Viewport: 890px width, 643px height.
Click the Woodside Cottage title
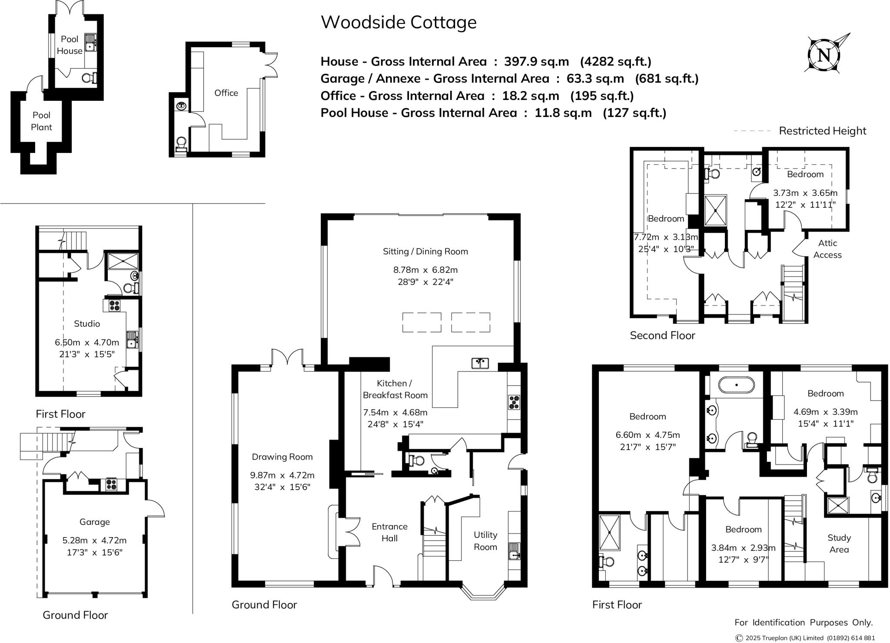click(399, 23)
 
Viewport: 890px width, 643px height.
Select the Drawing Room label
click(282, 457)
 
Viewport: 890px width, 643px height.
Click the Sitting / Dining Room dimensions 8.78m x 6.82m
click(425, 270)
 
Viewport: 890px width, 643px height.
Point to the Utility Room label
click(485, 540)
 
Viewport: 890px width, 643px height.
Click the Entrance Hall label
click(389, 532)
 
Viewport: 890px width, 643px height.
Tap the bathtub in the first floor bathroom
click(736, 385)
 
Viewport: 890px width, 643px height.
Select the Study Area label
click(839, 543)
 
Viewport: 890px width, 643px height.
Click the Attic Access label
click(827, 249)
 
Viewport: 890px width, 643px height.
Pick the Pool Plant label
click(41, 121)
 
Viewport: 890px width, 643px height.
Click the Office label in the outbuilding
click(226, 93)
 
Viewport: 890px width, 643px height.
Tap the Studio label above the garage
click(87, 324)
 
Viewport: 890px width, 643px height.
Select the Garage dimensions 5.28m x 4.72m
click(94, 540)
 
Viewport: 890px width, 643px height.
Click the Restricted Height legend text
click(822, 131)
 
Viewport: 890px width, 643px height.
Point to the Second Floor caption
click(662, 335)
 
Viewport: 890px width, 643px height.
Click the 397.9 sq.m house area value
click(536, 62)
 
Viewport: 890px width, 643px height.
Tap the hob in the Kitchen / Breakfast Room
click(514, 401)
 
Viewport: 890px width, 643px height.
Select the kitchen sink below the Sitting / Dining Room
click(480, 363)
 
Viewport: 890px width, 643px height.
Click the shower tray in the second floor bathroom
click(715, 210)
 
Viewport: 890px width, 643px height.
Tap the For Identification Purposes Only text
click(804, 622)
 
